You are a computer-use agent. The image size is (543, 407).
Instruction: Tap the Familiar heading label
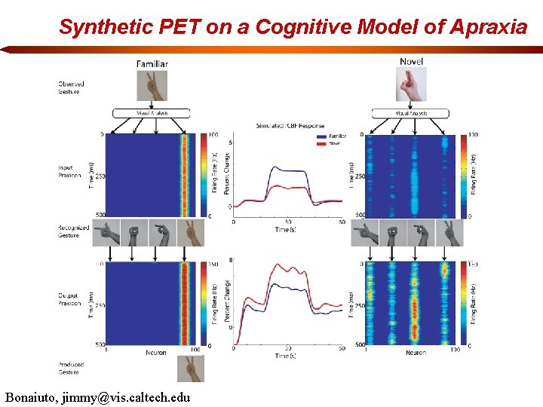point(152,64)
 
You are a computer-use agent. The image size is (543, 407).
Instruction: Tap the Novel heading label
point(412,62)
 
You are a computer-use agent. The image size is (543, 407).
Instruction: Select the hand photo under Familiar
point(152,85)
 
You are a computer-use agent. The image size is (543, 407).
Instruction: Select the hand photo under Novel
point(411,85)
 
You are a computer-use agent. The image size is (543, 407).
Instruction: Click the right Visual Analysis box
point(411,113)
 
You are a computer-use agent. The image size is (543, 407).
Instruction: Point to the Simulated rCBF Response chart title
point(290,126)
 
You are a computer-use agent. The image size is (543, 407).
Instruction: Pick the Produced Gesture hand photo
point(190,368)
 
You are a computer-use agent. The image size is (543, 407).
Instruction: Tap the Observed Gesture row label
point(71,87)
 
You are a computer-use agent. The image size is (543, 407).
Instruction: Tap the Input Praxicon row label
point(69,172)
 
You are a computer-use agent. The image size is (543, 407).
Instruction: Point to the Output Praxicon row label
point(70,299)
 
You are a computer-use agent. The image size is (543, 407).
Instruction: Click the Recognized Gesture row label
point(73,231)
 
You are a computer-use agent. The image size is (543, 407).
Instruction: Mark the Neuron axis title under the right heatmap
point(416,352)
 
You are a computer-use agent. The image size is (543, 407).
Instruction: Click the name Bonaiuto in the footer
point(35,396)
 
